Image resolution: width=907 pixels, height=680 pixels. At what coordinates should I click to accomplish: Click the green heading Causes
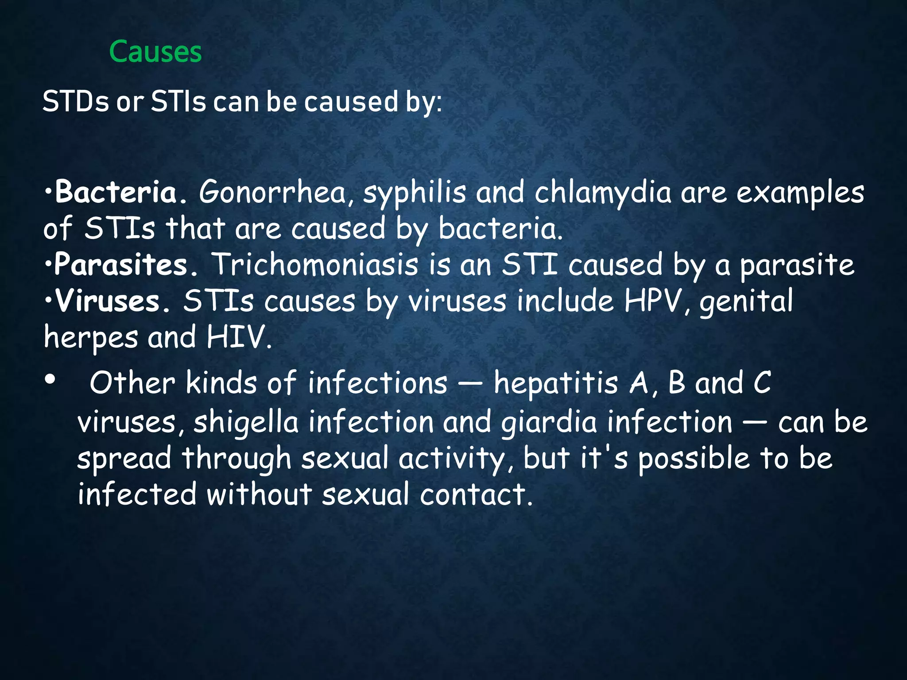pyautogui.click(x=155, y=52)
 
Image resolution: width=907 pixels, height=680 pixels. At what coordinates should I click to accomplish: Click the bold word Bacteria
pyautogui.click(x=116, y=193)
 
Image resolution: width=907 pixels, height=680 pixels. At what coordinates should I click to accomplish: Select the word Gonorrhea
pyautogui.click(x=272, y=193)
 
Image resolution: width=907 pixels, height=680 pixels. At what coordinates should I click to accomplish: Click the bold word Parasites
pyautogui.click(x=120, y=265)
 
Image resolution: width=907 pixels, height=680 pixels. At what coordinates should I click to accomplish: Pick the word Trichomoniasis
pyautogui.click(x=314, y=265)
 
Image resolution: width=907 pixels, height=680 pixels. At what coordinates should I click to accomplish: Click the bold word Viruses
pyautogui.click(x=107, y=301)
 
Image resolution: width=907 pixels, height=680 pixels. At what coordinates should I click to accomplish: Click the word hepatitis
pyautogui.click(x=556, y=383)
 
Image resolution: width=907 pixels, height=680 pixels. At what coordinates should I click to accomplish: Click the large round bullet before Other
pyautogui.click(x=50, y=380)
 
